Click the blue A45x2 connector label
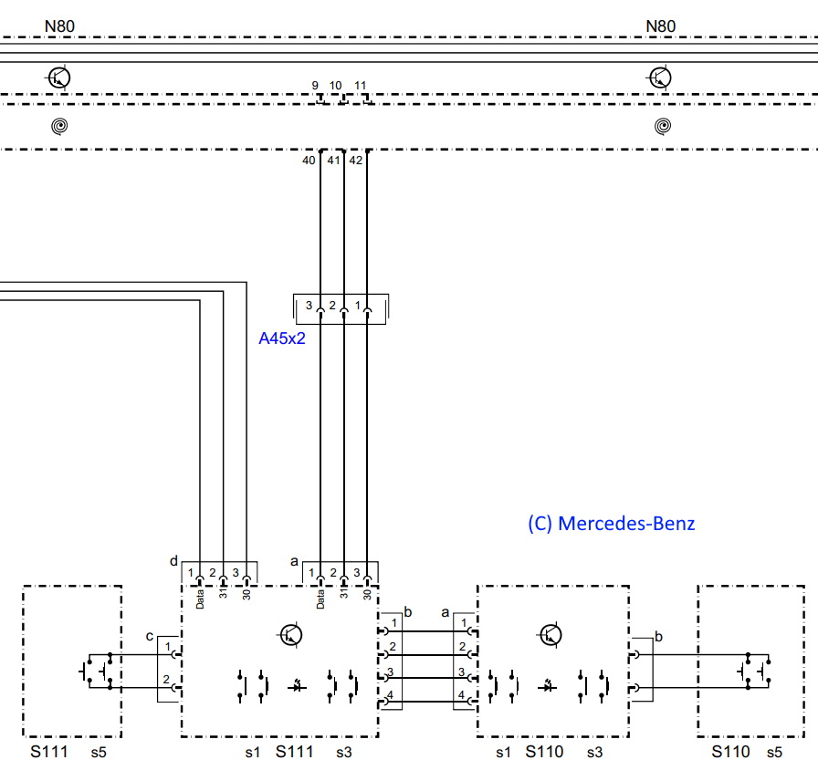(282, 338)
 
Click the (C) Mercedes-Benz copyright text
(612, 524)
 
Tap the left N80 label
(59, 26)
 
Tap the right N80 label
(660, 26)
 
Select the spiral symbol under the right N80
(663, 126)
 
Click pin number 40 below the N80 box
(309, 161)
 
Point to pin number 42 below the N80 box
(356, 161)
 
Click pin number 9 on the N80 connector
(315, 85)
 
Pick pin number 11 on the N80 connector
(360, 85)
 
